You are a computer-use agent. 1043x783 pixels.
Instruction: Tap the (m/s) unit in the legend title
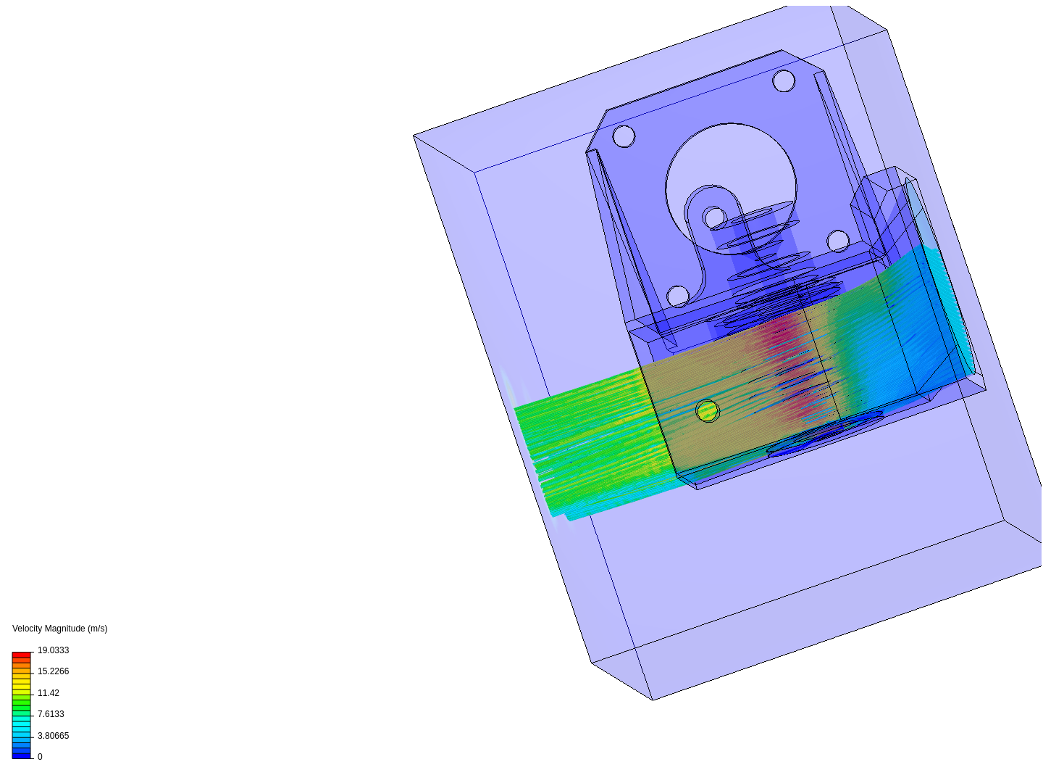coord(97,629)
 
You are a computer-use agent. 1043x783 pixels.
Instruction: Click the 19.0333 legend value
coord(53,650)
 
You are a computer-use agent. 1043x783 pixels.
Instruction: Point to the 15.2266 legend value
coord(53,671)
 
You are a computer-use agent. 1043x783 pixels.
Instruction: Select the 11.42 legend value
coord(49,693)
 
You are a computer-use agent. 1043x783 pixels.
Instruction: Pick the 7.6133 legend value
coord(51,714)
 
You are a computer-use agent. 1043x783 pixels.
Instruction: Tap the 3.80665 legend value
coord(53,736)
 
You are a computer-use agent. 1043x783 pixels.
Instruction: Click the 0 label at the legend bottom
coord(40,757)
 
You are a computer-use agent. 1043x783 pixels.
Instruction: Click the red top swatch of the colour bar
coord(22,655)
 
